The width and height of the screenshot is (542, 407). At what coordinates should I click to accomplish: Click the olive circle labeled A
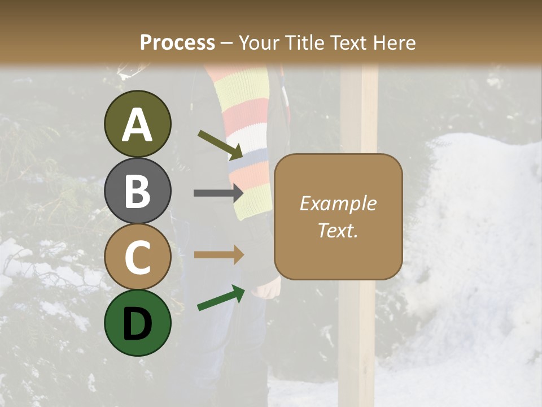pyautogui.click(x=137, y=124)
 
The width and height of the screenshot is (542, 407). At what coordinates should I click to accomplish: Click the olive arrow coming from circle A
pyautogui.click(x=220, y=144)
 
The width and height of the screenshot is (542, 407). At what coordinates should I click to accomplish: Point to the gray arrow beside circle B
pyautogui.click(x=218, y=193)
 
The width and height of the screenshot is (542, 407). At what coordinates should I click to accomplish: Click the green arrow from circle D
pyautogui.click(x=221, y=298)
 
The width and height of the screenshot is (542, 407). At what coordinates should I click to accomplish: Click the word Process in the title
pyautogui.click(x=177, y=42)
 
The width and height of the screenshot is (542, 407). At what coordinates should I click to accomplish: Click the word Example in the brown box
pyautogui.click(x=338, y=203)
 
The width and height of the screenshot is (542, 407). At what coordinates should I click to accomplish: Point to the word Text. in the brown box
pyautogui.click(x=338, y=230)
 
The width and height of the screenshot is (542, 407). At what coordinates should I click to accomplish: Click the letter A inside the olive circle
pyautogui.click(x=137, y=125)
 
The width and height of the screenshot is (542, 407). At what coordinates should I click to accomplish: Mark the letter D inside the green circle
pyautogui.click(x=137, y=323)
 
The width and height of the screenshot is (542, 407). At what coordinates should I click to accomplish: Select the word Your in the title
pyautogui.click(x=259, y=42)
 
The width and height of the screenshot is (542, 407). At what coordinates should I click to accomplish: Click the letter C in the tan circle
pyautogui.click(x=137, y=257)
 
